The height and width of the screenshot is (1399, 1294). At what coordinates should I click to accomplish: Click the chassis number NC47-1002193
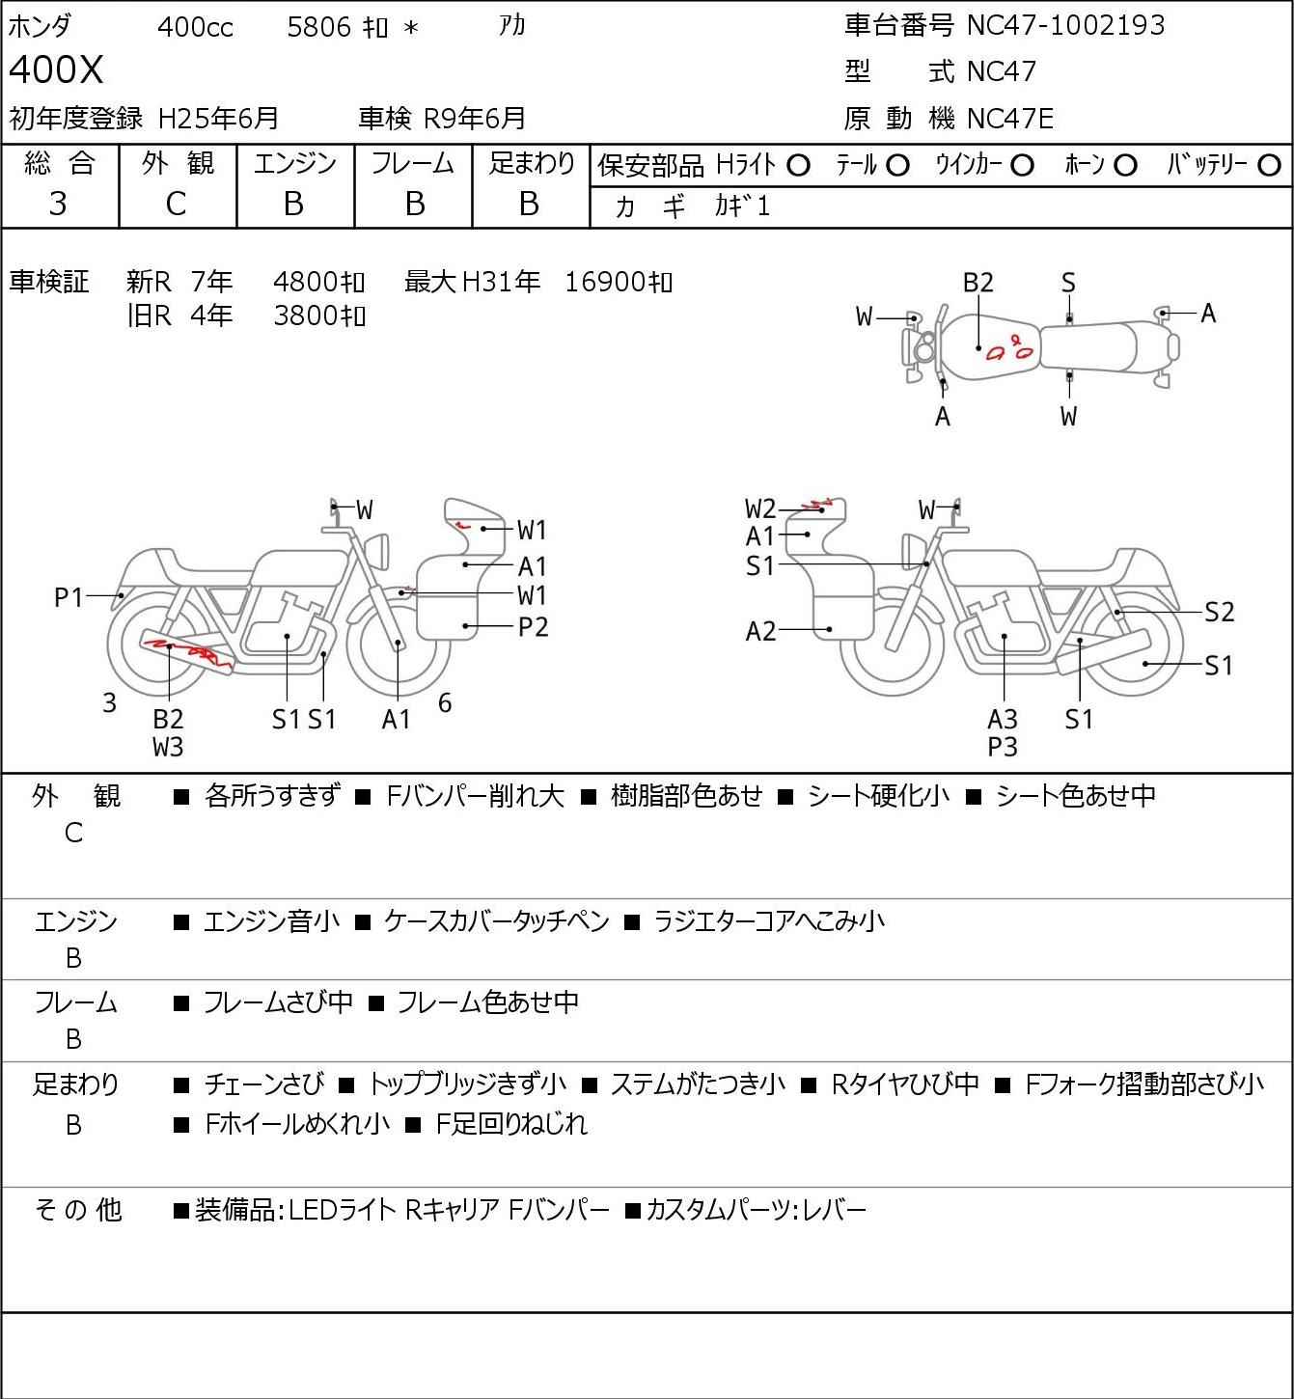pos(1065,25)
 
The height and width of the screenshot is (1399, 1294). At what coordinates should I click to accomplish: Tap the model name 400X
pos(56,69)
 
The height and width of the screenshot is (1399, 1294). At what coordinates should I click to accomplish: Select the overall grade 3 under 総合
pos(58,204)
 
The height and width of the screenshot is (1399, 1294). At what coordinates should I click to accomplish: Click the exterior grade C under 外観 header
pos(176,204)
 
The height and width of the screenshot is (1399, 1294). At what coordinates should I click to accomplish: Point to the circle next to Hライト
pos(799,166)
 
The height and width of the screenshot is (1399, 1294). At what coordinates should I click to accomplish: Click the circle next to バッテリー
pos(1269,166)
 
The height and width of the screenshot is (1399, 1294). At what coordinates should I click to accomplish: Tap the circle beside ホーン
pos(1125,166)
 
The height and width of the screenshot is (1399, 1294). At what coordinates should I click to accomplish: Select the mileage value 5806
pos(318,27)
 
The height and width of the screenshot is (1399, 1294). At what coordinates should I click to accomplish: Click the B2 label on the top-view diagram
pos(978,283)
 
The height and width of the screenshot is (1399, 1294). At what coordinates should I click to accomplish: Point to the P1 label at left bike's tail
pos(69,597)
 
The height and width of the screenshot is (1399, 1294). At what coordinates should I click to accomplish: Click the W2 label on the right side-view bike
pos(760,507)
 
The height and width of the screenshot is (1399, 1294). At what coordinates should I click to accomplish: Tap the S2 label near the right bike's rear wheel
pos(1219,612)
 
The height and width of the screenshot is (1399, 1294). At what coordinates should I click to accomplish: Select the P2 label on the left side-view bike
pos(533,627)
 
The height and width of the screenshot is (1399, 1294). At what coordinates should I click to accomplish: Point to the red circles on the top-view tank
pos(1010,348)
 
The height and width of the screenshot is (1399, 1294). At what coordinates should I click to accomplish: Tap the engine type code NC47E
pos(1010,119)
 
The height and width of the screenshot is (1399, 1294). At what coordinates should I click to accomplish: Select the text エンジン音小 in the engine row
pos(271,921)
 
